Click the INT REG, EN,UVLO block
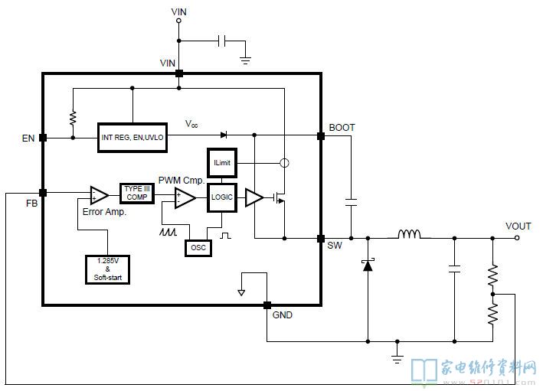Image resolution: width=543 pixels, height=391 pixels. (132, 138)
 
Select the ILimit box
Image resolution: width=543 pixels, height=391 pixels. (222, 163)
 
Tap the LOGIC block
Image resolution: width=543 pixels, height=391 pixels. (222, 197)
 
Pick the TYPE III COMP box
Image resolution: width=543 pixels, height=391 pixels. (137, 193)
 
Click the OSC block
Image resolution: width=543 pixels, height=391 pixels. (198, 248)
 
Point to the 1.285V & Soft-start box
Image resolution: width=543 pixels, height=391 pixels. (108, 269)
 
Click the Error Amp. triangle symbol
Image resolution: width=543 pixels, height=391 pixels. (99, 196)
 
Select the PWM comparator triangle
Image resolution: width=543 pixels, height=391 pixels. (185, 198)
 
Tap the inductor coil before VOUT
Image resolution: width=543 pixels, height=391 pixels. (409, 234)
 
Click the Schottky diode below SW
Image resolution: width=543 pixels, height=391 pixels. (368, 265)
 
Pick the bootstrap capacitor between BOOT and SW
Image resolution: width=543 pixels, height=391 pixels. (351, 203)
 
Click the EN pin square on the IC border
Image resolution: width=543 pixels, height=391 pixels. (43, 138)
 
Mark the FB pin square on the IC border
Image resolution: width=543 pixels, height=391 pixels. (43, 193)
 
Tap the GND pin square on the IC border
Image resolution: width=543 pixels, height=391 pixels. (267, 305)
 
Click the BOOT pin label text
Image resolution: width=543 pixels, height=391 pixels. (342, 128)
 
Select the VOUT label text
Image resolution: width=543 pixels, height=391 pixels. (518, 226)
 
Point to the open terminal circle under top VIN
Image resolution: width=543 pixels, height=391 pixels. (178, 21)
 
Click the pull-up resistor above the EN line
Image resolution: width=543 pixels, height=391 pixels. (73, 119)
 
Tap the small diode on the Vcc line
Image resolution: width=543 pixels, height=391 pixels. (224, 135)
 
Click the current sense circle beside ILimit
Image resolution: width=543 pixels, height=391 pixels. (284, 163)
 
